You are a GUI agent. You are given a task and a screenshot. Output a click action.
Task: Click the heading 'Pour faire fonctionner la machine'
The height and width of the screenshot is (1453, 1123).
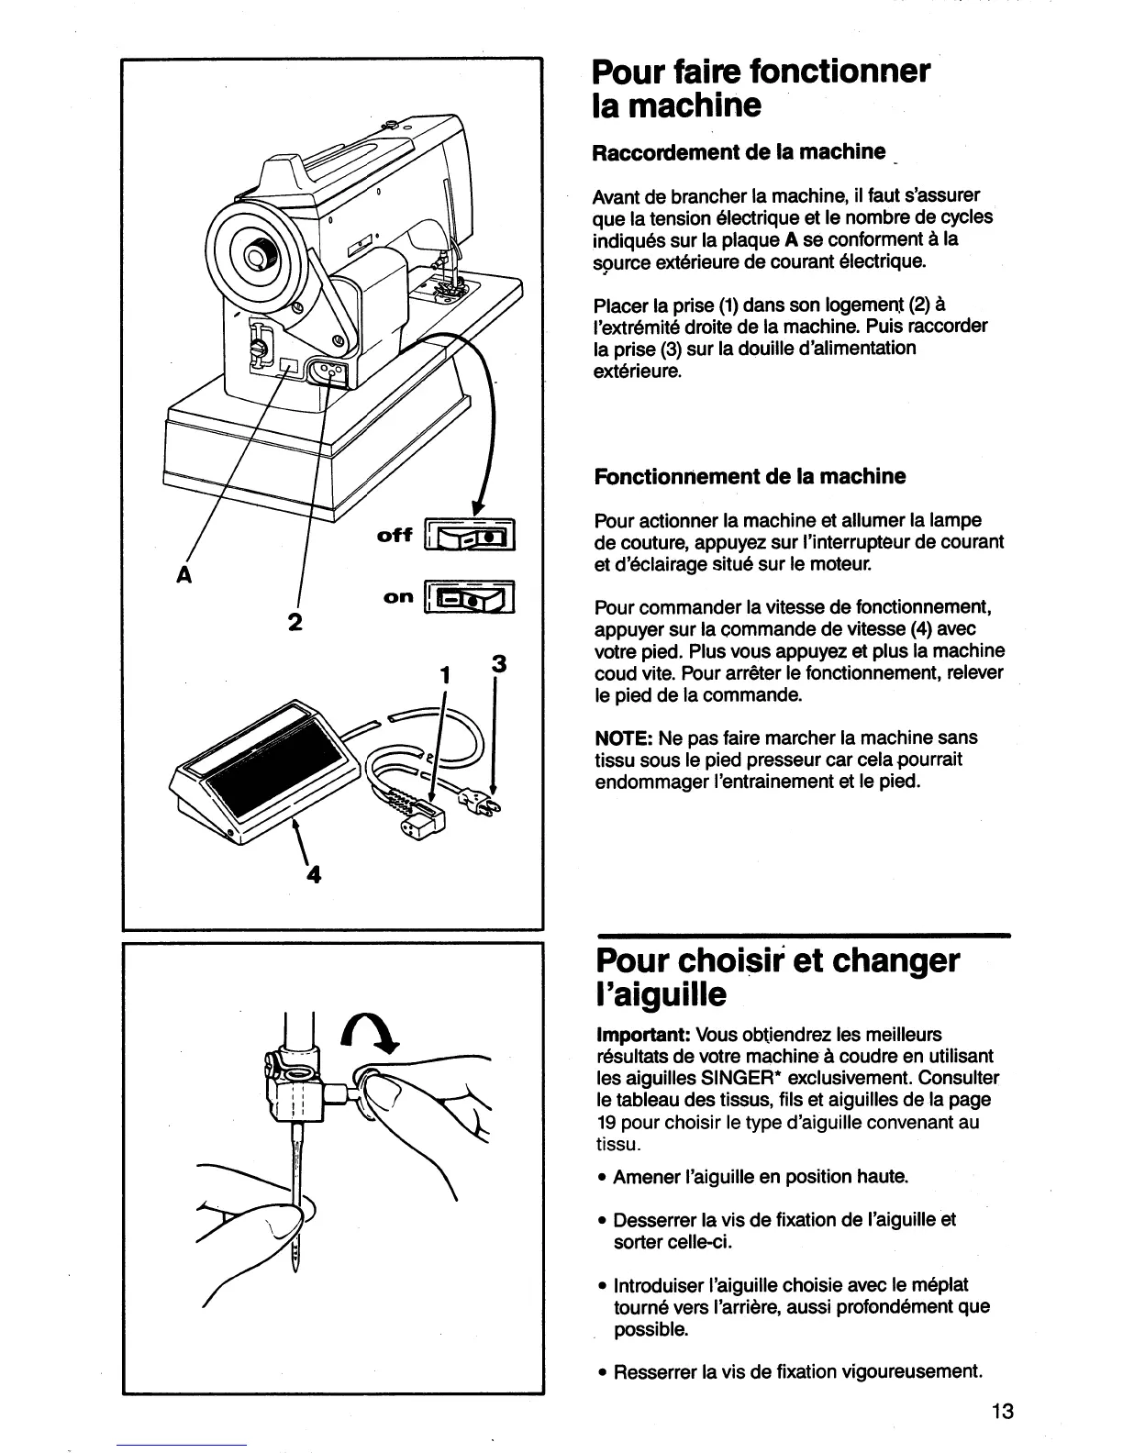[761, 88]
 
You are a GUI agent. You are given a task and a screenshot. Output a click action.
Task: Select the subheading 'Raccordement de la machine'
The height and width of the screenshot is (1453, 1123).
[739, 151]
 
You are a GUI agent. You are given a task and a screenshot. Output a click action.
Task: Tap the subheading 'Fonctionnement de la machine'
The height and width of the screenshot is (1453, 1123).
[750, 476]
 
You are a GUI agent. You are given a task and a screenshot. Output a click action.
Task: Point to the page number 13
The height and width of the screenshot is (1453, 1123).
[1002, 1411]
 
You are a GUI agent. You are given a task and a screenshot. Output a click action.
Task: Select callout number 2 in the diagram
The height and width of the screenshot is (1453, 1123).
[295, 622]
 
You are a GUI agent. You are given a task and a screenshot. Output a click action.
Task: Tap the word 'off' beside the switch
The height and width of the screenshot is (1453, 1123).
[395, 535]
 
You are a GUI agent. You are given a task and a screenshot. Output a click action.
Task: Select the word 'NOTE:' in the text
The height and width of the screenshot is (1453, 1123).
[624, 738]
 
